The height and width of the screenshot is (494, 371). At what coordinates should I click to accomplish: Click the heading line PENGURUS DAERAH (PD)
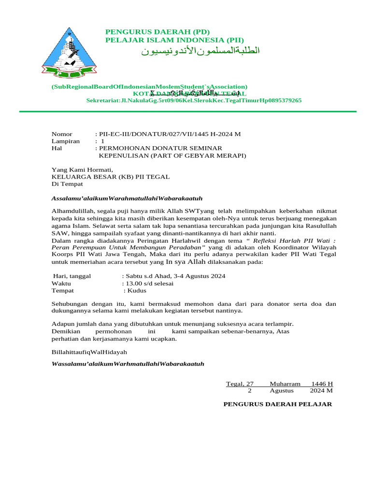(157, 32)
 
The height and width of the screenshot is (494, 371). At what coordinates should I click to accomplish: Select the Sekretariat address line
(194, 100)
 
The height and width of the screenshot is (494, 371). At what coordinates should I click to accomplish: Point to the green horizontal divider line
(187, 111)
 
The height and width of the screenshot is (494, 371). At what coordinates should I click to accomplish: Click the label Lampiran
(66, 141)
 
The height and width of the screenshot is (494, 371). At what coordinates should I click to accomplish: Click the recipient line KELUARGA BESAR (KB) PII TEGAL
(111, 177)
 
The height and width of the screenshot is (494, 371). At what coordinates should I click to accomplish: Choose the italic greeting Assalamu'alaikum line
(127, 198)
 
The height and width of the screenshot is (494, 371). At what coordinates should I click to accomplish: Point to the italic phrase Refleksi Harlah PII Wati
(285, 240)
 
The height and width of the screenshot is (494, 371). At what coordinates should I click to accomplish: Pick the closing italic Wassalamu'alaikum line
(128, 363)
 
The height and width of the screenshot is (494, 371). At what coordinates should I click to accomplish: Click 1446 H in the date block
(322, 384)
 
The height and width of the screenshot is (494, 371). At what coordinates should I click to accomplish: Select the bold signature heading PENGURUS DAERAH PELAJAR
(277, 404)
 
